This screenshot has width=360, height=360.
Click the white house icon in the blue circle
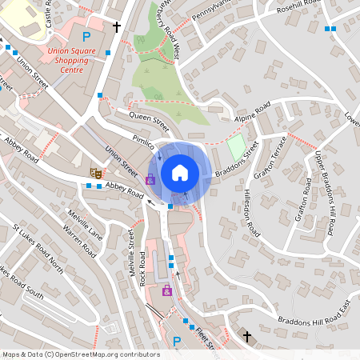pyautogui.click(x=180, y=172)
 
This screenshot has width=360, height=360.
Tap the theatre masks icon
pyautogui.click(x=95, y=170)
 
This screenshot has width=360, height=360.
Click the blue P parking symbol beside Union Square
pyautogui.click(x=86, y=37)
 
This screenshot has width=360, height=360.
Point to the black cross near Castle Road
pyautogui.click(x=117, y=26)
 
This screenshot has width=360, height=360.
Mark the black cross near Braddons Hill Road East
pyautogui.click(x=247, y=336)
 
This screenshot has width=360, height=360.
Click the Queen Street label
pyautogui.click(x=150, y=122)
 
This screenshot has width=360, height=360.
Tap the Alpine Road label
pyautogui.click(x=252, y=112)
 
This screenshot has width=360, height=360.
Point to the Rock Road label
pyautogui.click(x=143, y=269)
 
